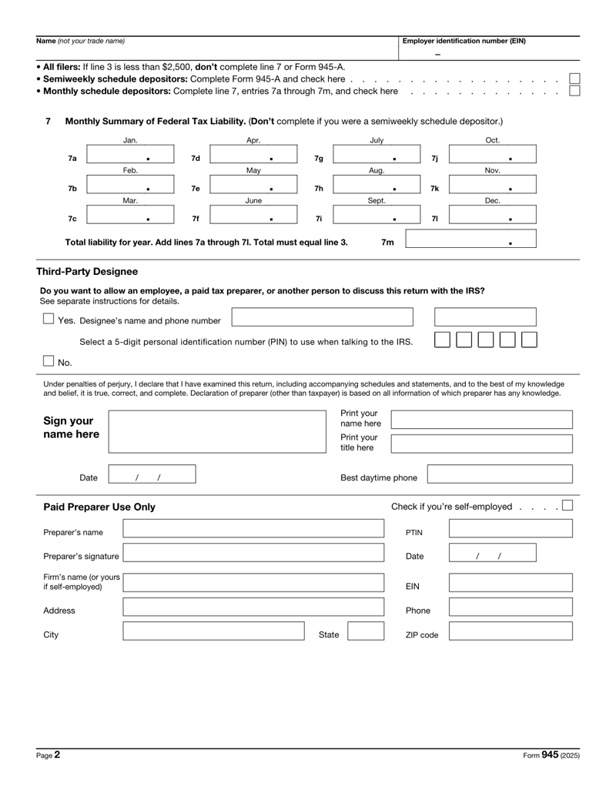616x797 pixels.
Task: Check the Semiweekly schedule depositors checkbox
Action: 574,79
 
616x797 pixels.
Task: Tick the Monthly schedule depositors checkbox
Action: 574,92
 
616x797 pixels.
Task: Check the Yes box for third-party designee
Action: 49,319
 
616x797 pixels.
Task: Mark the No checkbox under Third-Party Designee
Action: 49,360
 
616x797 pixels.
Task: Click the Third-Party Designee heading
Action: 87,272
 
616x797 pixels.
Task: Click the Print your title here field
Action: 482,443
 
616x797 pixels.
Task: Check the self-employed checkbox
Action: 567,506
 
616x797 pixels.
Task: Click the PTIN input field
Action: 511,527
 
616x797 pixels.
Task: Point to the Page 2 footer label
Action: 49,756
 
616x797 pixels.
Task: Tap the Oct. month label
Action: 493,139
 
